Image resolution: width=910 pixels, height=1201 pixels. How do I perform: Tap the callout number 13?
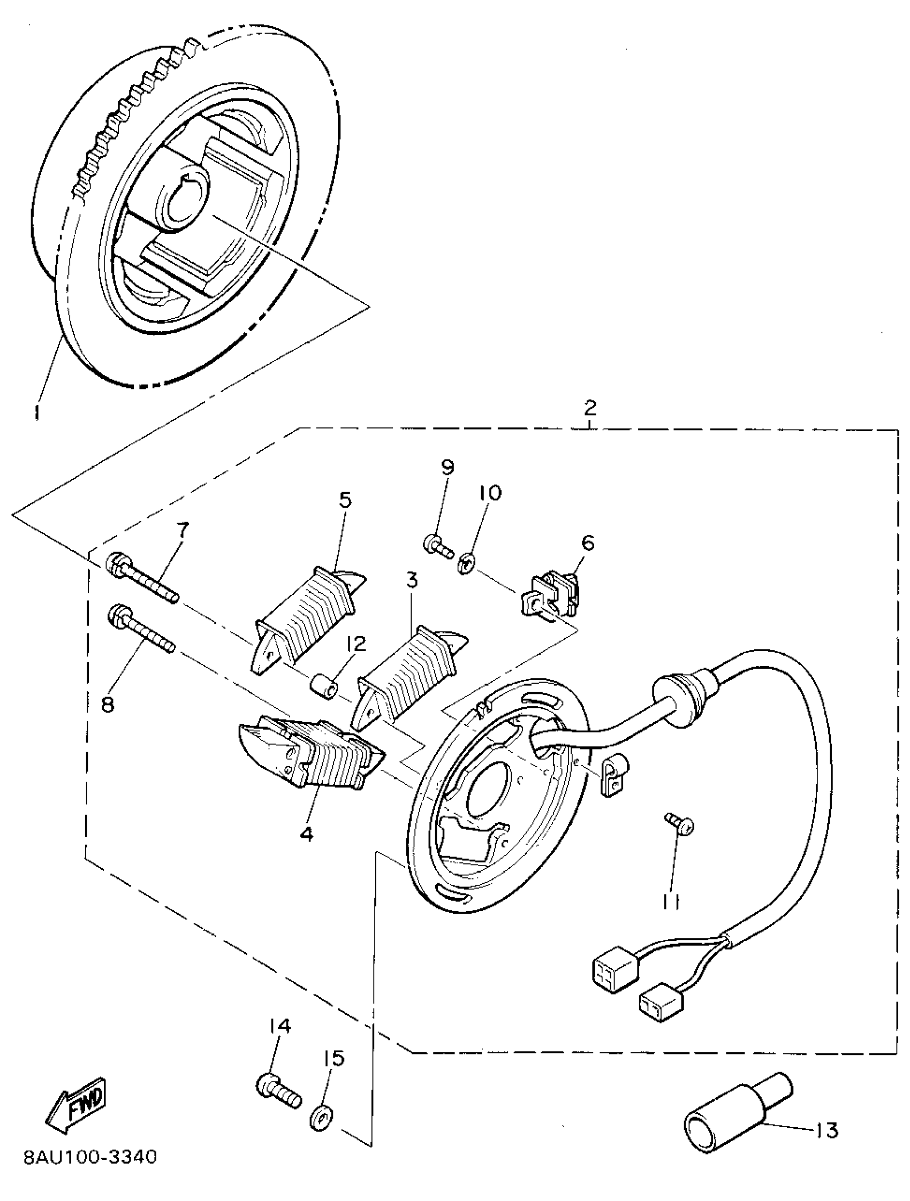pos(826,1131)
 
